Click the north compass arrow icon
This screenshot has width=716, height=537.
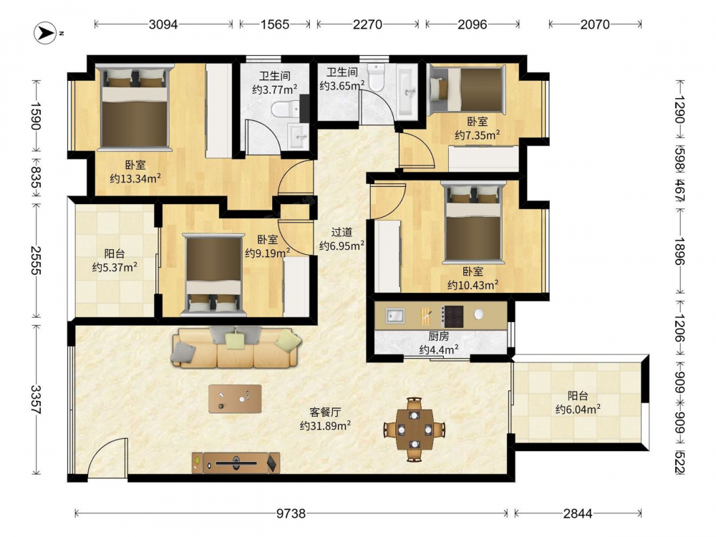(45, 33)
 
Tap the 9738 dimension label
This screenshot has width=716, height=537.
(291, 513)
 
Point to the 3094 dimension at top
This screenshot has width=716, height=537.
(163, 24)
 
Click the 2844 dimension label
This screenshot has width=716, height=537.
(578, 513)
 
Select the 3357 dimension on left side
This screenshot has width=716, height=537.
(36, 400)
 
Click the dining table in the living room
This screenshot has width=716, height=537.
(414, 430)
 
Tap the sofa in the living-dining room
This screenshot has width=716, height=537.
(236, 347)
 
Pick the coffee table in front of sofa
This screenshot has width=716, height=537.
(235, 399)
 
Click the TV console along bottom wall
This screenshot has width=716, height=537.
(236, 463)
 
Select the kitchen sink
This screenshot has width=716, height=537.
(395, 316)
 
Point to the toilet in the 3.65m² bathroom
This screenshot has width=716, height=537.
(377, 77)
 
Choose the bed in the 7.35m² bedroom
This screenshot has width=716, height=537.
(468, 89)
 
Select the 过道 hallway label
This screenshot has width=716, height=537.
(342, 233)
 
